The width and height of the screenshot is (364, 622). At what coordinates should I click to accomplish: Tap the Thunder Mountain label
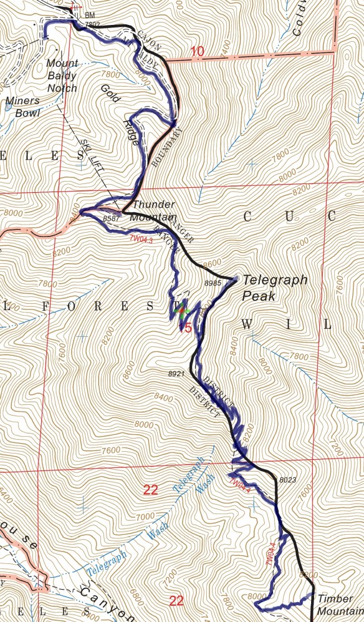click(x=153, y=211)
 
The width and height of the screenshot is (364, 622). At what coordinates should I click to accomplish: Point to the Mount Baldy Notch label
click(x=62, y=75)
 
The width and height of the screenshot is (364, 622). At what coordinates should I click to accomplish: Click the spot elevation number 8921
click(x=177, y=374)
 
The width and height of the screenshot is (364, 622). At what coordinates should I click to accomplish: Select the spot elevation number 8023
click(x=288, y=480)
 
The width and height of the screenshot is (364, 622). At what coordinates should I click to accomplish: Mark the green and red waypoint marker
click(x=182, y=313)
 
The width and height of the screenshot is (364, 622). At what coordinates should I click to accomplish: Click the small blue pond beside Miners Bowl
click(x=7, y=107)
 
